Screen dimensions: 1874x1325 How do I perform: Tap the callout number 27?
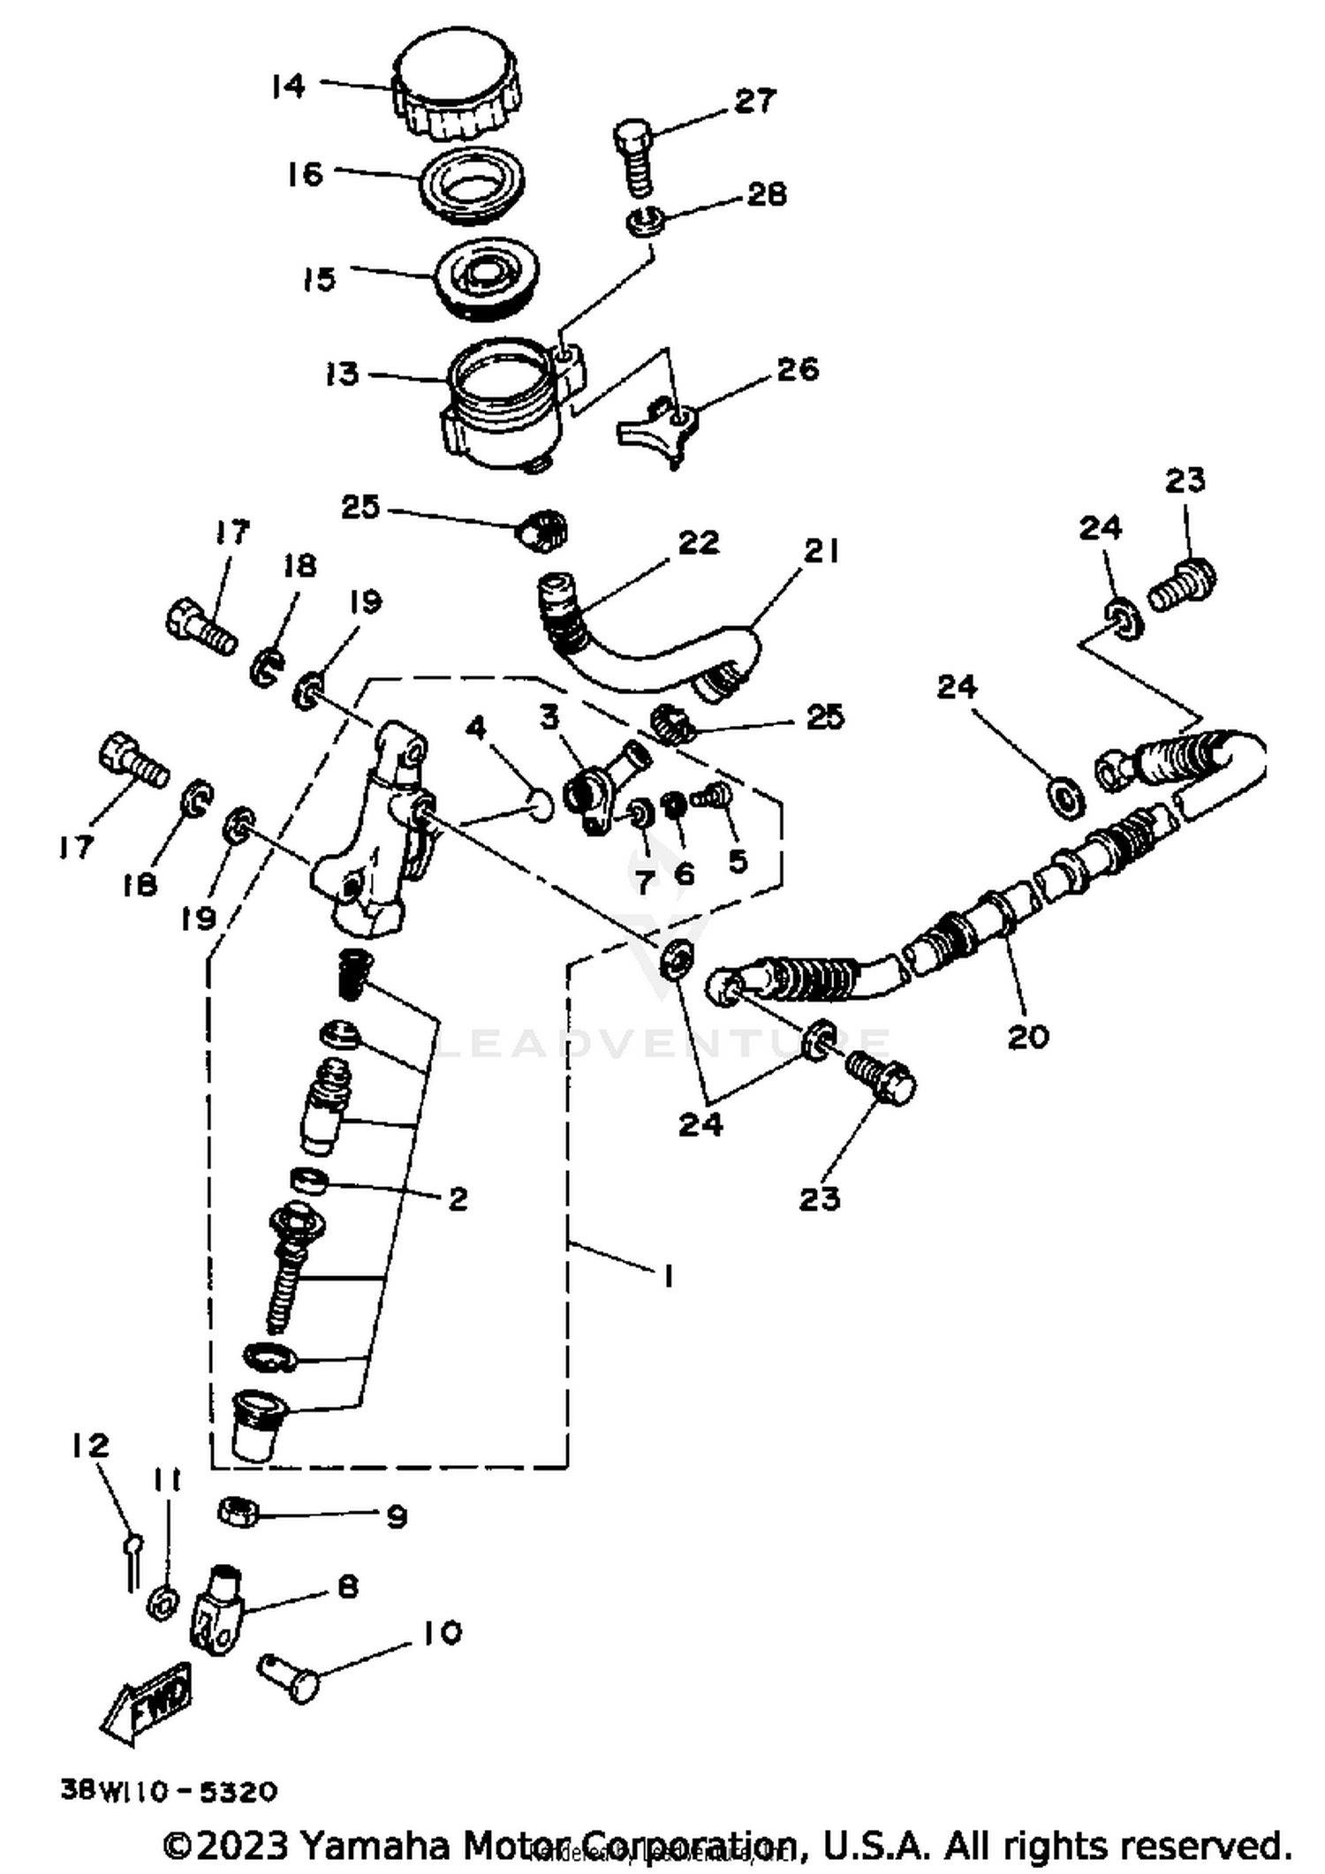(754, 101)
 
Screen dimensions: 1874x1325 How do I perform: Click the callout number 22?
(698, 542)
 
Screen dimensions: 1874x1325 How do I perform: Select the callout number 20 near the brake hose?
(1027, 1036)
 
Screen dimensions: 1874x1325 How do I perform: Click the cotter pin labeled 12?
(131, 1568)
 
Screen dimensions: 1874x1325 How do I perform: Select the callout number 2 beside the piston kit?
(457, 1198)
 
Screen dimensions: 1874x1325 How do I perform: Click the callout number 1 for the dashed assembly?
(669, 1276)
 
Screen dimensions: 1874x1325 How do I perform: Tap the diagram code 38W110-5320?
(169, 1791)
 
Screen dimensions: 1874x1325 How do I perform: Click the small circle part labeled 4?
(540, 805)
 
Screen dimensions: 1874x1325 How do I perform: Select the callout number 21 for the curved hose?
(821, 551)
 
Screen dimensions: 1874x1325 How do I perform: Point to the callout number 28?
(766, 193)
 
